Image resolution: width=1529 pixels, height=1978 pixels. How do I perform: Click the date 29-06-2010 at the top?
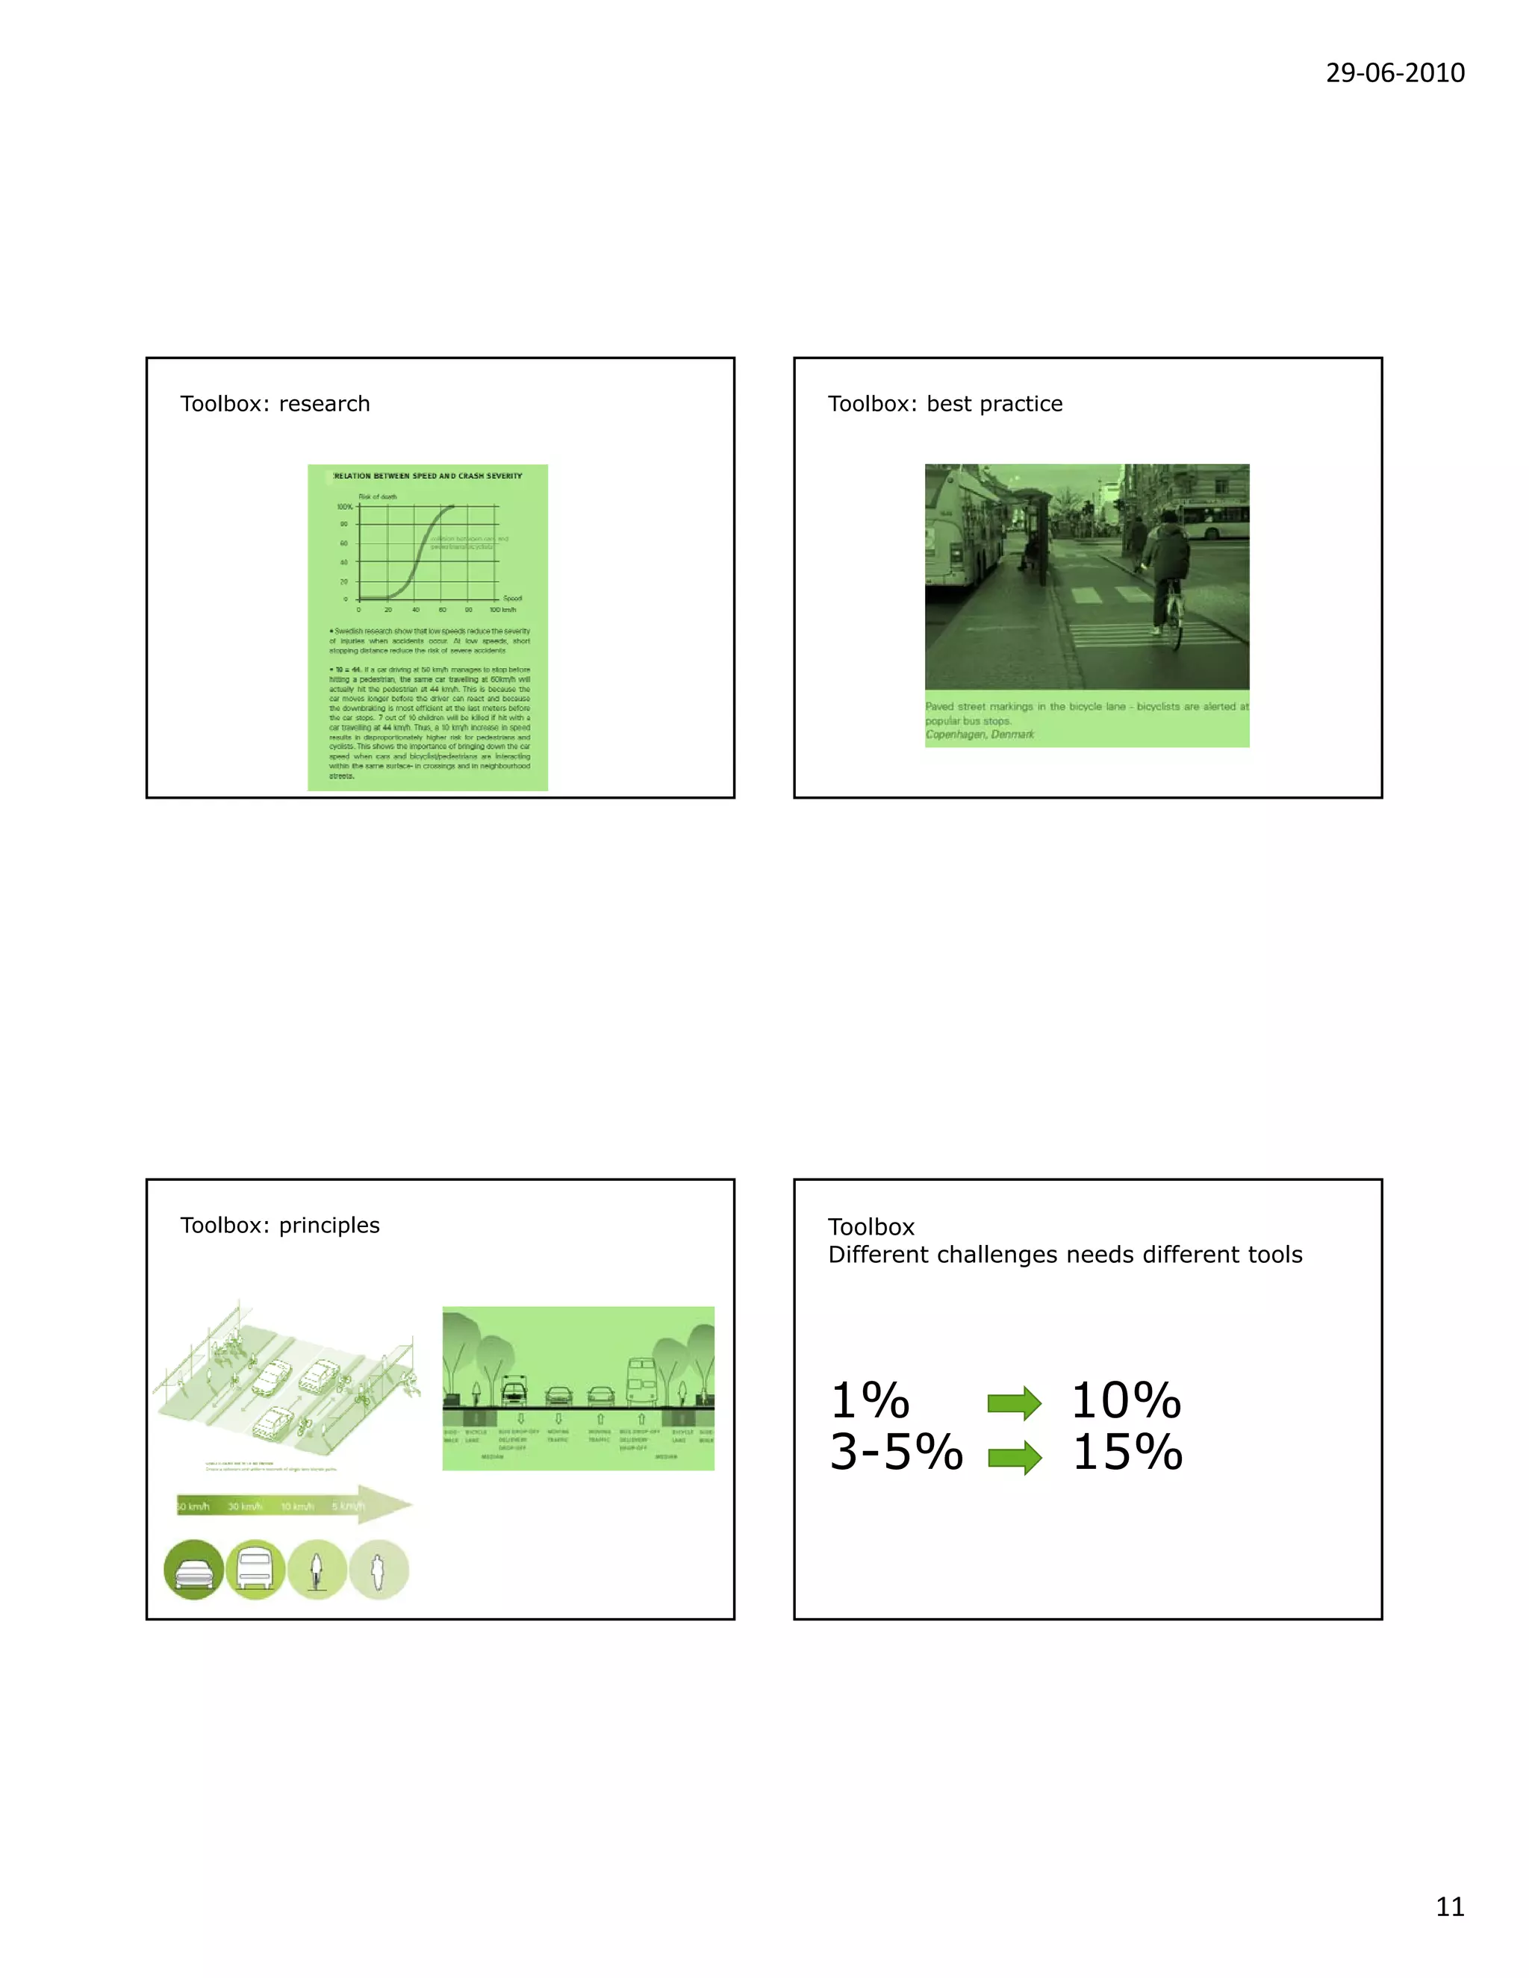coord(1394,72)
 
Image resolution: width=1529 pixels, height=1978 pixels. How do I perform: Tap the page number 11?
coord(1449,1906)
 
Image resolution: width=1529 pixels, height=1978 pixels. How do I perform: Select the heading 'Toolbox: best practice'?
coord(944,404)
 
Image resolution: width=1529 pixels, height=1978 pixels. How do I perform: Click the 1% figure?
coord(870,1401)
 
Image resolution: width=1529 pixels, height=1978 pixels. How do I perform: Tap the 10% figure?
coord(1126,1401)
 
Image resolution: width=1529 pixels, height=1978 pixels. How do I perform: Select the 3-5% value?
coord(896,1453)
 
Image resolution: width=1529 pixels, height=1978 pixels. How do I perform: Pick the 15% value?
coord(1127,1453)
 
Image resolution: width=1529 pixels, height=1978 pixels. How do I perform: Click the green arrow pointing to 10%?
coord(1014,1403)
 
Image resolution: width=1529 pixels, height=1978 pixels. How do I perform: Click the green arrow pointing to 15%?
coord(1014,1457)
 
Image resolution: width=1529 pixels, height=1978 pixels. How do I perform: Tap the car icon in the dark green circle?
coord(194,1570)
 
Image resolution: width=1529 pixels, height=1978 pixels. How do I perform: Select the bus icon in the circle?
coord(255,1570)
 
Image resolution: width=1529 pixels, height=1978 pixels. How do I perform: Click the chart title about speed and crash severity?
coord(428,475)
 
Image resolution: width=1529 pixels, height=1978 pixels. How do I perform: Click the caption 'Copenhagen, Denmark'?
coord(980,734)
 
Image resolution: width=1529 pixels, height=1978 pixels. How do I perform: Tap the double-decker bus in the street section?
coord(641,1381)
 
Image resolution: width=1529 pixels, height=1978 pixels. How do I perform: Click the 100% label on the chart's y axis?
coord(344,507)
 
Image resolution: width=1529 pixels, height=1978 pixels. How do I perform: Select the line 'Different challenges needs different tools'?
coord(1065,1255)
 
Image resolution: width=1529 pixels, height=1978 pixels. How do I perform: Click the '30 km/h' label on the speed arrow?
coord(245,1506)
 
